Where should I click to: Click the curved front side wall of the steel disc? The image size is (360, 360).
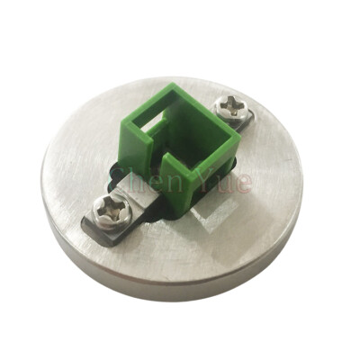(171, 283)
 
